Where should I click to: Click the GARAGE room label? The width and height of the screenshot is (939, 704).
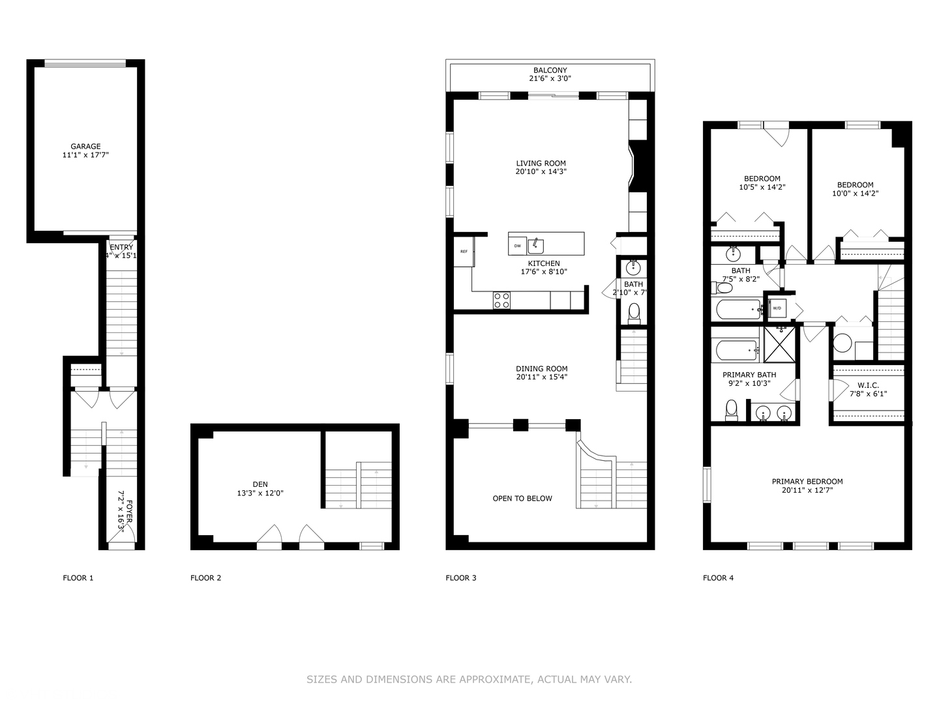pyautogui.click(x=85, y=147)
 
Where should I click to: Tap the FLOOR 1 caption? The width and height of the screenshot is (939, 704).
pyautogui.click(x=78, y=578)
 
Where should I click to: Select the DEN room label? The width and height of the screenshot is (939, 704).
pyautogui.click(x=260, y=484)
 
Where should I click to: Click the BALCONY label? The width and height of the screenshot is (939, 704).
pyautogui.click(x=550, y=70)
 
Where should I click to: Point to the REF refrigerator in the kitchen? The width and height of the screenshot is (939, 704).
pyautogui.click(x=464, y=252)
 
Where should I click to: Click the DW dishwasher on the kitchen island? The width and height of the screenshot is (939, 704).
pyautogui.click(x=518, y=246)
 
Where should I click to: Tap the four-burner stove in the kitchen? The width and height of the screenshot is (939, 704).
pyautogui.click(x=501, y=300)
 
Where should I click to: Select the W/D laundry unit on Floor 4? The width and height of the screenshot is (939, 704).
pyautogui.click(x=777, y=308)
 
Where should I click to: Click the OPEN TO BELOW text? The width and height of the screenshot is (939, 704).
pyautogui.click(x=522, y=499)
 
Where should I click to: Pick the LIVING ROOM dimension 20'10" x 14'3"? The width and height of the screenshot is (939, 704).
pyautogui.click(x=541, y=172)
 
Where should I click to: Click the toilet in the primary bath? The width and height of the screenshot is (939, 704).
pyautogui.click(x=731, y=410)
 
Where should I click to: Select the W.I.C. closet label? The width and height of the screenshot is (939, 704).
pyautogui.click(x=868, y=385)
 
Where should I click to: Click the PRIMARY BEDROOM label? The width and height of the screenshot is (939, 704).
pyautogui.click(x=807, y=482)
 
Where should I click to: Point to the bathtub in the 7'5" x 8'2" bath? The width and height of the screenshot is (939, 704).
pyautogui.click(x=738, y=309)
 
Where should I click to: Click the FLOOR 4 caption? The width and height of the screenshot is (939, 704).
pyautogui.click(x=718, y=578)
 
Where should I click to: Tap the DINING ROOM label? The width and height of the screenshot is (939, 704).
pyautogui.click(x=541, y=368)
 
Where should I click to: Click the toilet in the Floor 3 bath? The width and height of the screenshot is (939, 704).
pyautogui.click(x=634, y=314)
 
